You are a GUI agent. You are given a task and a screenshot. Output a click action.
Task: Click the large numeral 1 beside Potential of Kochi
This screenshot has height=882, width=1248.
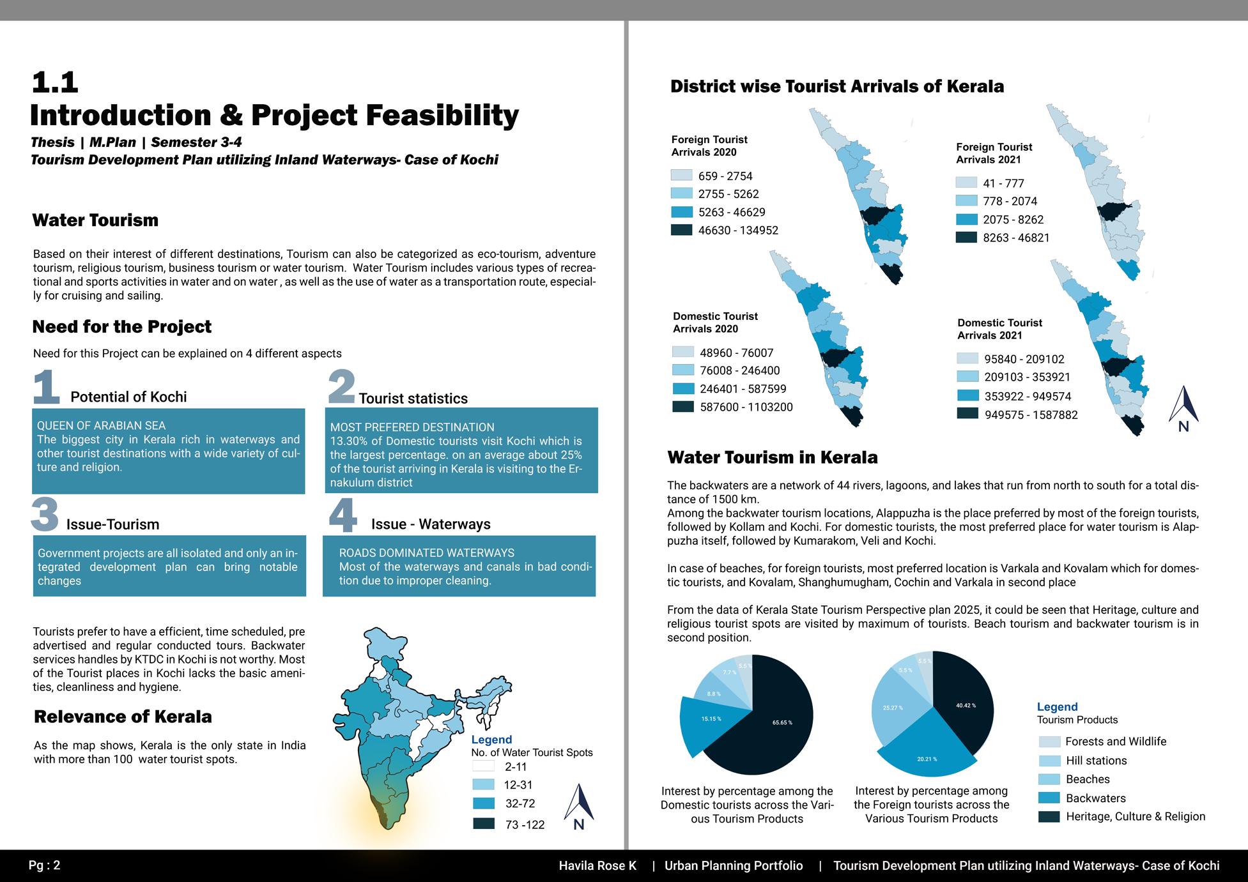46,387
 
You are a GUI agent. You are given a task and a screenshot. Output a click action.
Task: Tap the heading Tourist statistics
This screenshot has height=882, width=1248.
413,399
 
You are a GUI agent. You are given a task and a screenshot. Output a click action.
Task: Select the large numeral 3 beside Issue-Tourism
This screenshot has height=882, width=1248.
45,515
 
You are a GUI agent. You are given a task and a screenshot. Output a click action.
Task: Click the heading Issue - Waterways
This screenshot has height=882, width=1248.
431,524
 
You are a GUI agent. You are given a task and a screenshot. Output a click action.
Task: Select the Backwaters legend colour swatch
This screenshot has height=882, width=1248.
1049,798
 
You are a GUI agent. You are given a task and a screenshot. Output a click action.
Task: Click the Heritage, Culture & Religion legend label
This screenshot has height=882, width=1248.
1135,816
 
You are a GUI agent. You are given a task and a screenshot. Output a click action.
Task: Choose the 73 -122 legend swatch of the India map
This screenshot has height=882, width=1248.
484,824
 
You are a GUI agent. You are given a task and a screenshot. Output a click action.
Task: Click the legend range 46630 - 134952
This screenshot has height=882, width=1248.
738,231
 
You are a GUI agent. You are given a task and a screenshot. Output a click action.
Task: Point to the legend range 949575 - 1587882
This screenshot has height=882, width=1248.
1031,415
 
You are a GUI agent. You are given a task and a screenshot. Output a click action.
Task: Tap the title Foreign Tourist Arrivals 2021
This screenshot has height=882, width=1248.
994,153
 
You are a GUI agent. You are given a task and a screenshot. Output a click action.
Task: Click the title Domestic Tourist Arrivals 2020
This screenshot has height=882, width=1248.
715,323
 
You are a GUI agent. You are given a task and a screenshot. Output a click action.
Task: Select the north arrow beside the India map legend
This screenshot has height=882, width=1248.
579,806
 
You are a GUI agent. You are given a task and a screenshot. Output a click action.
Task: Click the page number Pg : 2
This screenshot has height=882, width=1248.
44,865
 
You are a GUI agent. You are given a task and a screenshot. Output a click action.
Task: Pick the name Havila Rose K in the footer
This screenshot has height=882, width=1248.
597,866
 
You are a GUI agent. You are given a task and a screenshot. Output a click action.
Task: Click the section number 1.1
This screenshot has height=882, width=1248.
55,82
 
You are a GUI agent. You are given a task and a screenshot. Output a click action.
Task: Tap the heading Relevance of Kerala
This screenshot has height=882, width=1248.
123,717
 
